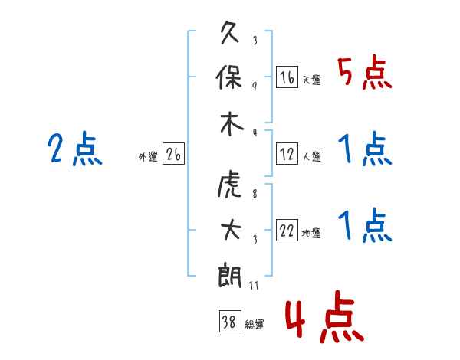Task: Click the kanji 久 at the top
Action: click(x=230, y=32)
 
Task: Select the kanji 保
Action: click(x=228, y=77)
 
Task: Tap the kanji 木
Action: click(x=232, y=124)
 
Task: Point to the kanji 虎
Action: click(x=229, y=188)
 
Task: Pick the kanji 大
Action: click(x=232, y=230)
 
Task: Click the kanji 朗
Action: click(x=229, y=276)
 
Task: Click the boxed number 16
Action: click(x=287, y=77)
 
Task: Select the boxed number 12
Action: click(x=287, y=154)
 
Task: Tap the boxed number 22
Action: click(x=287, y=230)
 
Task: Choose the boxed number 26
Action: click(x=173, y=154)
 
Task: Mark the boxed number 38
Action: click(x=230, y=321)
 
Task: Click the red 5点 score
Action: click(x=364, y=72)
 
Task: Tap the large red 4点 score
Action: click(x=324, y=316)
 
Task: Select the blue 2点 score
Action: click(x=75, y=149)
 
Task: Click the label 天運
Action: click(x=312, y=80)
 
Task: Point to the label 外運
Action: click(x=148, y=156)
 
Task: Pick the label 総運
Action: click(x=255, y=324)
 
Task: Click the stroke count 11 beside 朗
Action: click(x=254, y=285)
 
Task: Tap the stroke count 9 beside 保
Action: click(x=255, y=87)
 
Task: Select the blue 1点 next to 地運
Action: click(x=365, y=226)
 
